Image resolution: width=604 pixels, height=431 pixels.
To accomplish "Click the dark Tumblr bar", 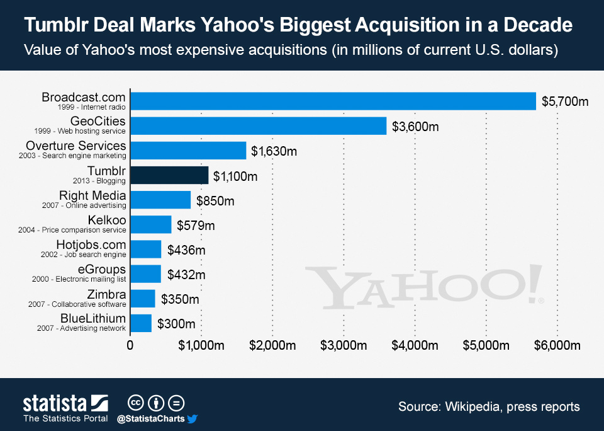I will pos(169,175).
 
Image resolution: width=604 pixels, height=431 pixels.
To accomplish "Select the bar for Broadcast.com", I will pos(333,101).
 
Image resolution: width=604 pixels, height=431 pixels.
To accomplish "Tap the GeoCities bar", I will pos(258,125).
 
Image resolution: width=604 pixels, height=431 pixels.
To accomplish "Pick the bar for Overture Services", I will pos(188,150).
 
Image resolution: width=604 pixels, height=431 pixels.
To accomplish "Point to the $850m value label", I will pos(215,201).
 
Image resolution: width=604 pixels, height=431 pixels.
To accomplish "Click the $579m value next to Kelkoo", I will pos(196,225).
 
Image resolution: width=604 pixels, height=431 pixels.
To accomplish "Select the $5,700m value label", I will pos(565,102).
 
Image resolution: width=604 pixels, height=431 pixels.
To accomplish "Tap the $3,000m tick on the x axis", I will pos(344,345).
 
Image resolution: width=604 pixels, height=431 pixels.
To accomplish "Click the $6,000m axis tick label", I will pos(557,345).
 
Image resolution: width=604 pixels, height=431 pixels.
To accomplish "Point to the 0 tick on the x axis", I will pos(130,345).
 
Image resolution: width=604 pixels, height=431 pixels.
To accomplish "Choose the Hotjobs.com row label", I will pos(92,244).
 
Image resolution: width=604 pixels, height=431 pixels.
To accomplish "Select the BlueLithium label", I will pos(93,318).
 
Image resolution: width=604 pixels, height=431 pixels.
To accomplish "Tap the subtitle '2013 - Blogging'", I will pos(99,181).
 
